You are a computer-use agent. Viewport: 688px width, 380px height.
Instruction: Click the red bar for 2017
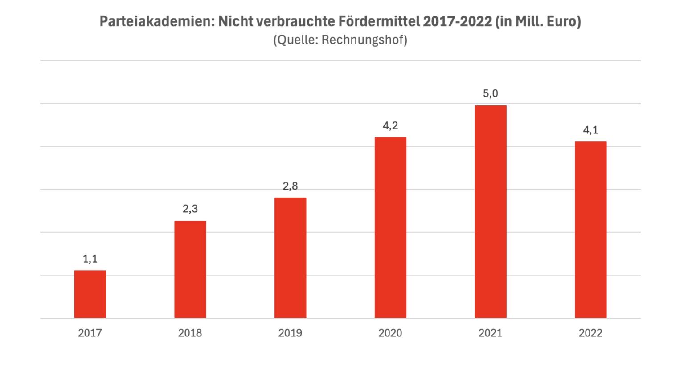[90, 294]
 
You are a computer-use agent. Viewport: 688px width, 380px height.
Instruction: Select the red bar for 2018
[190, 269]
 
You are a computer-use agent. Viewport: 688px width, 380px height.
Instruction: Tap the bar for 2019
[290, 258]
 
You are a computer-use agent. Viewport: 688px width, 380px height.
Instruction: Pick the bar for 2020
[390, 227]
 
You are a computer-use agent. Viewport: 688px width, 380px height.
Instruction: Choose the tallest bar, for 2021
[491, 211]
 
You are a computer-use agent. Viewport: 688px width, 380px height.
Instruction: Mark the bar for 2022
[590, 230]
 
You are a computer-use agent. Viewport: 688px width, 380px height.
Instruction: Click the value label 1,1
[90, 259]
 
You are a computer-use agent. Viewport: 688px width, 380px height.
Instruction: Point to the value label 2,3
[190, 209]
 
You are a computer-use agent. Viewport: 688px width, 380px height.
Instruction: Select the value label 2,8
[290, 186]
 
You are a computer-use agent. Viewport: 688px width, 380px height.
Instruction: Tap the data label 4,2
[390, 126]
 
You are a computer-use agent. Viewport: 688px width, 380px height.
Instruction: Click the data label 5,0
[491, 94]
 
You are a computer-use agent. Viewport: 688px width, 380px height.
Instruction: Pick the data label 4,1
[590, 130]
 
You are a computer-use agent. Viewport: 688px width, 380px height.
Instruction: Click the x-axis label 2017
[90, 333]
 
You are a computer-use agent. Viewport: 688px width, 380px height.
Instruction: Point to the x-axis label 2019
[290, 333]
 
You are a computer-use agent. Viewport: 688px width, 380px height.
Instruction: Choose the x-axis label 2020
[390, 333]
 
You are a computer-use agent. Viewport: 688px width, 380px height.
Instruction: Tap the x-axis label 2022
[590, 333]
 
